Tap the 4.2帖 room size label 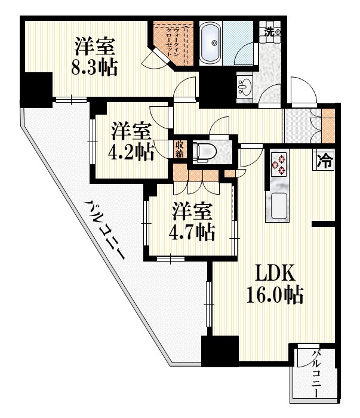[x=131, y=152]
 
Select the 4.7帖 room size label [x=192, y=232]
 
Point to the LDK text [x=275, y=272]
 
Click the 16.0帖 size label [x=275, y=295]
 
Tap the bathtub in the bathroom [x=210, y=43]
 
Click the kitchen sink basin [x=279, y=205]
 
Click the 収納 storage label [x=179, y=149]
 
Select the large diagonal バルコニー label [x=104, y=229]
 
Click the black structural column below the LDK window [x=220, y=351]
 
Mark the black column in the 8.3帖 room [x=37, y=90]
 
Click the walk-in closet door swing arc [x=155, y=60]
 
